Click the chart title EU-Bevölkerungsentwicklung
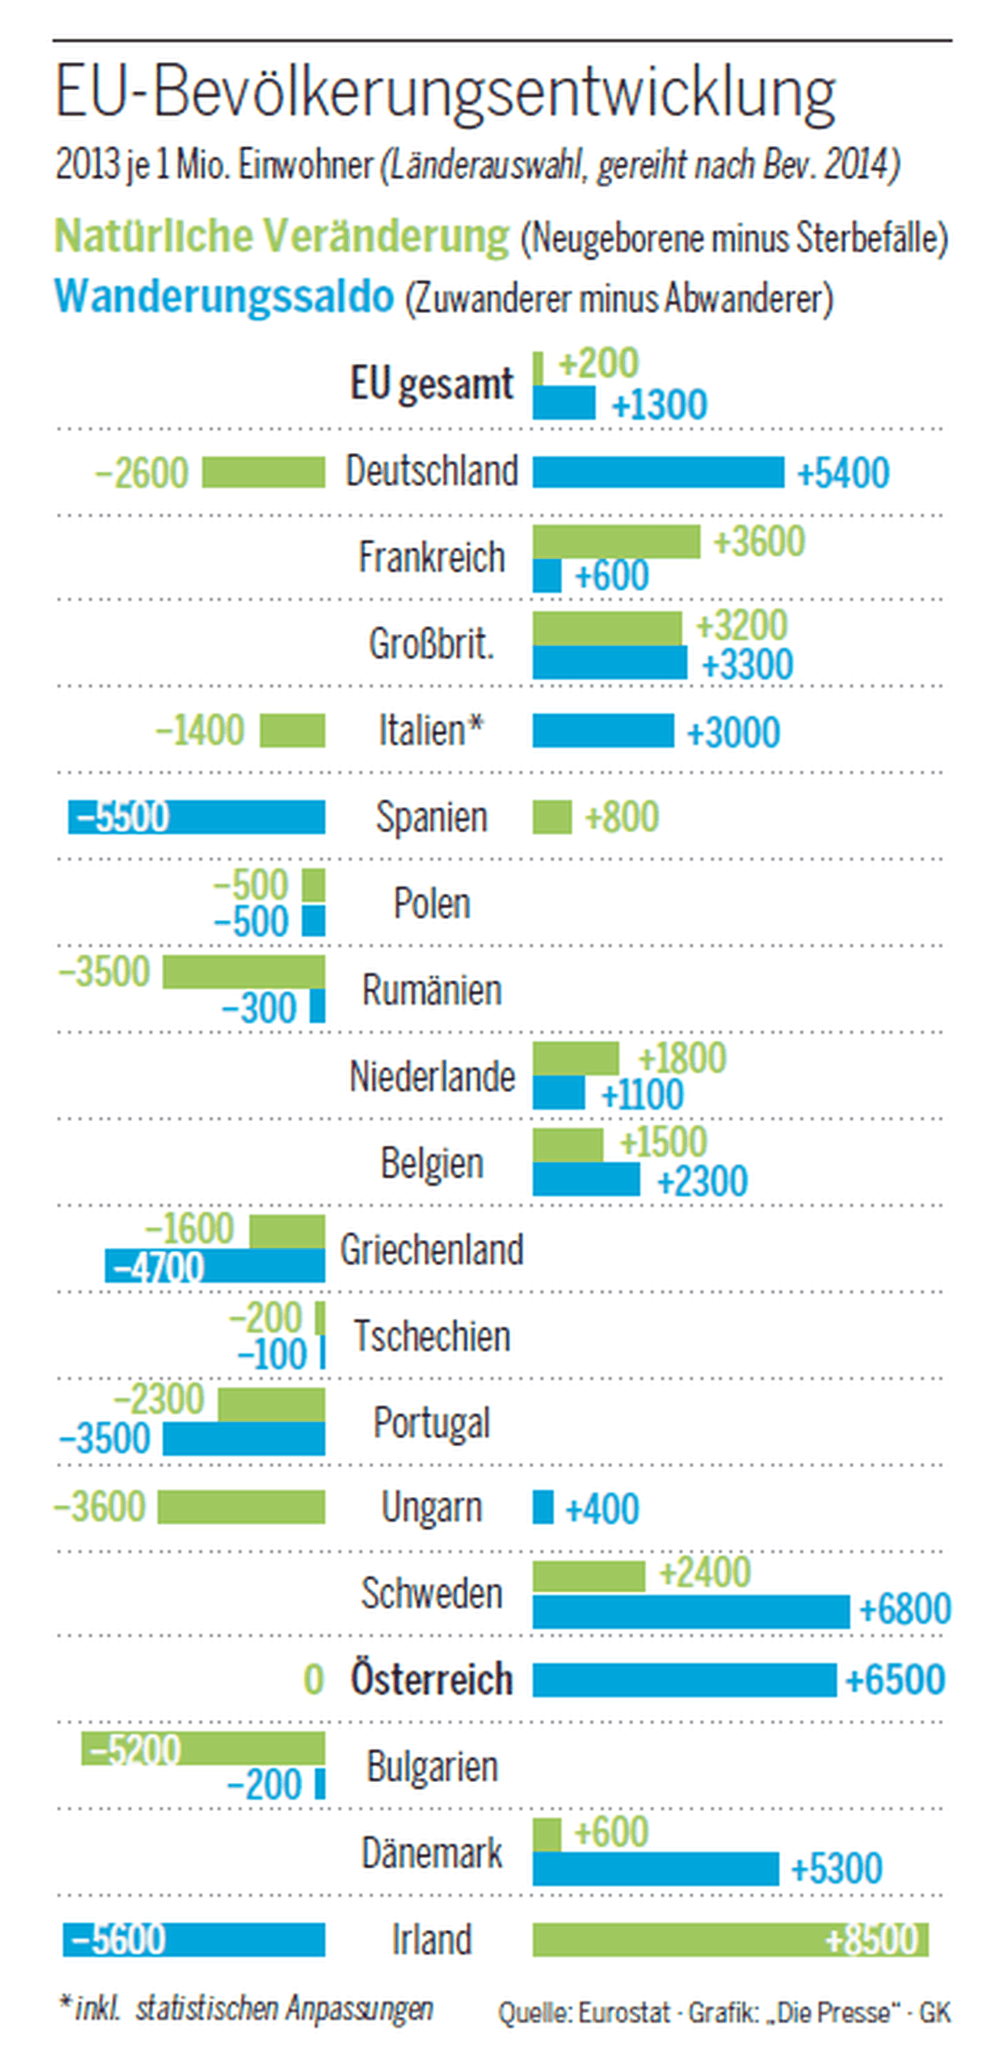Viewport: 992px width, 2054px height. (x=445, y=93)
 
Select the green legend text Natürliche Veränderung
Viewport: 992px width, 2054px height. (x=282, y=236)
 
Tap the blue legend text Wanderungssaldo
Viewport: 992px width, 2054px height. (x=224, y=296)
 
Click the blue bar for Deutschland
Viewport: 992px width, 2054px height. (x=658, y=473)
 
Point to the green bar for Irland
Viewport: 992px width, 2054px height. (x=730, y=1940)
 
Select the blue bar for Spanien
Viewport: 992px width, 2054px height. (x=197, y=817)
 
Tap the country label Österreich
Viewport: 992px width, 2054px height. (x=432, y=1680)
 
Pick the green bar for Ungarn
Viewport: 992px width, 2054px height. (x=241, y=1507)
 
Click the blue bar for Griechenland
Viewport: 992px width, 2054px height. (x=215, y=1266)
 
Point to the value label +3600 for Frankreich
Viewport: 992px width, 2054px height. (x=759, y=541)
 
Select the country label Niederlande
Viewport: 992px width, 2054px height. (x=432, y=1077)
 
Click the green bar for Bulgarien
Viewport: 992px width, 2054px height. (x=203, y=1749)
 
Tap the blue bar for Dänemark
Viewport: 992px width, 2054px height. (x=656, y=1869)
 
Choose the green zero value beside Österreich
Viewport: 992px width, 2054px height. (x=313, y=1680)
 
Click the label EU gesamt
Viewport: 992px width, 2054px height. (x=432, y=384)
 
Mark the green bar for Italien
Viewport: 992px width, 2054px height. (x=293, y=731)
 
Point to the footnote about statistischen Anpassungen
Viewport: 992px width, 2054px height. (x=246, y=2008)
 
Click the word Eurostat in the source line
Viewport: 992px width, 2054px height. (x=623, y=2012)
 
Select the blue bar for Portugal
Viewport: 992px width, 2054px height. (x=244, y=1439)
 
